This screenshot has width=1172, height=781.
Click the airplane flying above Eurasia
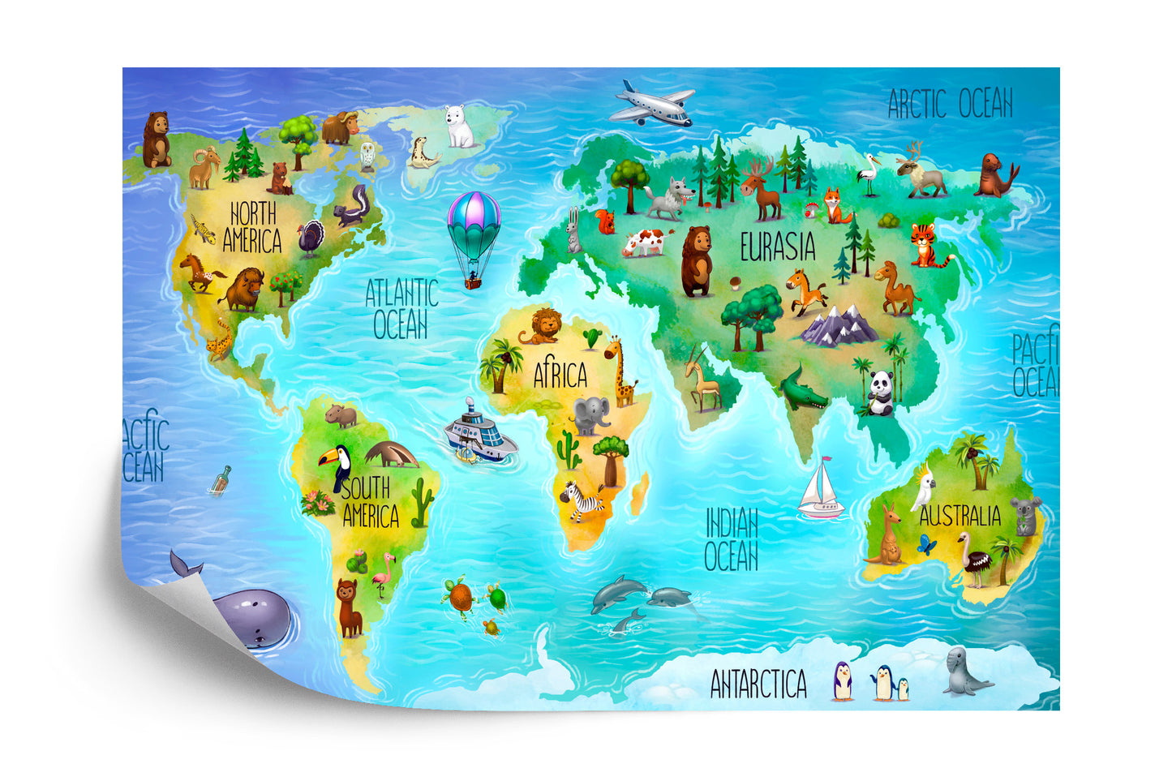coord(652,103)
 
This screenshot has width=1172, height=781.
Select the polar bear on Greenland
coord(461,127)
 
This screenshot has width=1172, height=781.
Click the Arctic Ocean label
coord(950,104)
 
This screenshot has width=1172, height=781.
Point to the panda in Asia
coord(880,393)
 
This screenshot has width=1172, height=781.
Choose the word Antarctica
coord(758,684)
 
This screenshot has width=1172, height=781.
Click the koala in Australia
coord(1025,514)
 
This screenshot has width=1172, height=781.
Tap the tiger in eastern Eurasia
coord(925,244)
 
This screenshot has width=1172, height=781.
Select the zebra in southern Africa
coord(583,500)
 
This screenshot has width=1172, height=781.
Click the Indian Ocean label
coord(731,540)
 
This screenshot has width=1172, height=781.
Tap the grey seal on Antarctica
coord(964,672)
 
